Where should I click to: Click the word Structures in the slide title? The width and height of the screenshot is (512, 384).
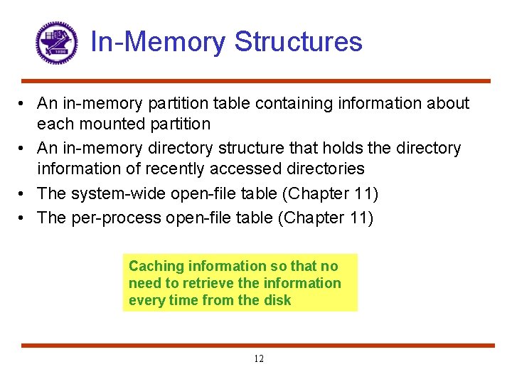pos(298,42)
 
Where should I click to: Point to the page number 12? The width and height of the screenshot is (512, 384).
pos(258,359)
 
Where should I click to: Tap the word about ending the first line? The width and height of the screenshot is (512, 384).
pos(447,104)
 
